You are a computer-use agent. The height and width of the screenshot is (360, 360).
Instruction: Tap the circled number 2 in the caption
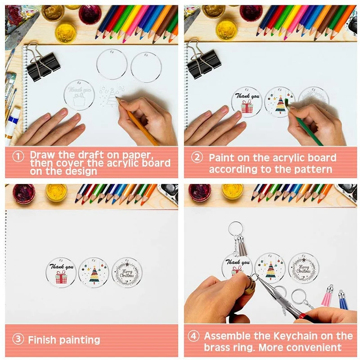pos(196,158)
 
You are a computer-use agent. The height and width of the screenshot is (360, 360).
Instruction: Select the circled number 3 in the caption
pos(18,339)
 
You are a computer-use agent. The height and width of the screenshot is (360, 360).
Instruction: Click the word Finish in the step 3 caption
pos(43,339)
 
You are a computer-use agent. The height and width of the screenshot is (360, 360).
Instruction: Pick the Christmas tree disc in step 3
pos(94,272)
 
